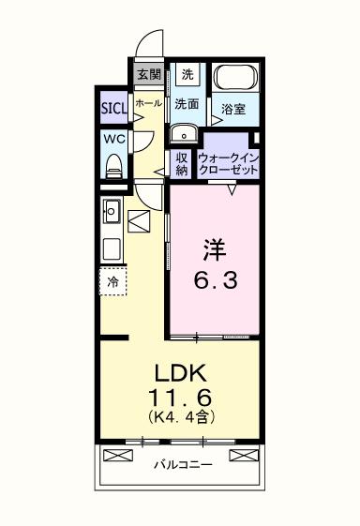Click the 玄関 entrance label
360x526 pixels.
point(149,74)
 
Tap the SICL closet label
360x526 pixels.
point(114,108)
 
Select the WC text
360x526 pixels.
point(113,139)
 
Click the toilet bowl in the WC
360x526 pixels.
point(113,167)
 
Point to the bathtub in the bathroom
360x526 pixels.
point(236,78)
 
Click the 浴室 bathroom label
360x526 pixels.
point(232,110)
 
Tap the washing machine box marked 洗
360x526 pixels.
point(187,74)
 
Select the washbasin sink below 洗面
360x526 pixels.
point(184,133)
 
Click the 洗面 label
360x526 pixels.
point(187,104)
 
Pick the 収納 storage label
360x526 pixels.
point(182,164)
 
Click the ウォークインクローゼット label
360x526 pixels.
point(228,164)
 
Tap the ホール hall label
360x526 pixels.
point(149,103)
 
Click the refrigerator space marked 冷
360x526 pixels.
point(113,282)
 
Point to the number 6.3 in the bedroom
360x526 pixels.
point(216,280)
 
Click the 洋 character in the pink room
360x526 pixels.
point(215,250)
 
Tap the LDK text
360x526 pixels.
point(180,373)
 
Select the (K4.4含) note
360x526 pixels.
point(181,416)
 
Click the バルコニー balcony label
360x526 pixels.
point(183,465)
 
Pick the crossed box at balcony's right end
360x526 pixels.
point(244,456)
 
